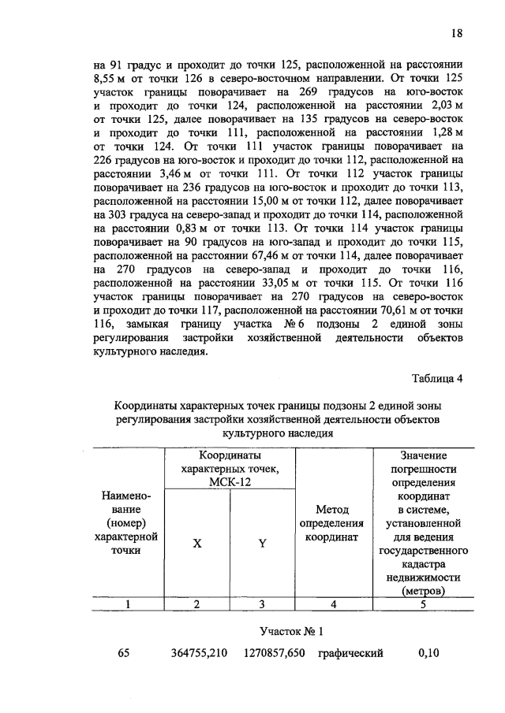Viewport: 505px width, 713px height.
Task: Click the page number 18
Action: pos(457,33)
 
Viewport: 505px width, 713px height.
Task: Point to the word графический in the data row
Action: pos(351,652)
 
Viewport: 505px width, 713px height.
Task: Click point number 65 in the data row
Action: pos(123,652)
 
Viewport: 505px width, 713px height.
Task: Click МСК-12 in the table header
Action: pos(230,481)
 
